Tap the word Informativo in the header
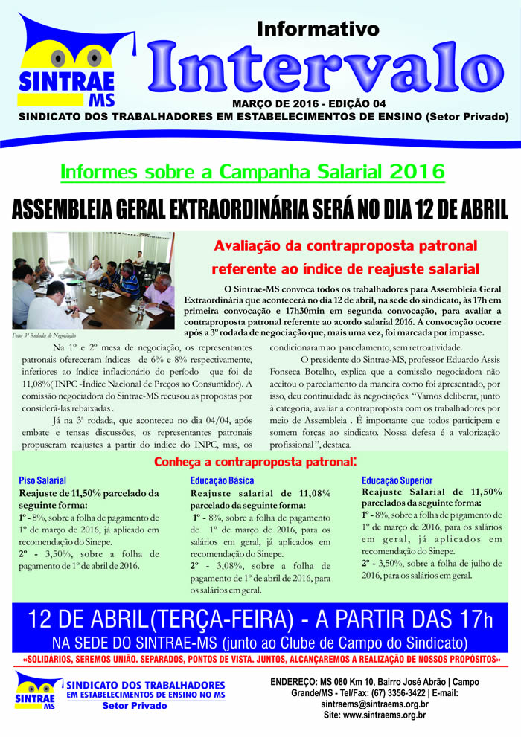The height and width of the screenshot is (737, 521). pos(318,29)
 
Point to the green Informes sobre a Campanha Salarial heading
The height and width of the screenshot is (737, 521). pos(252,172)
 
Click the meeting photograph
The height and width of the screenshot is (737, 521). pos(93,280)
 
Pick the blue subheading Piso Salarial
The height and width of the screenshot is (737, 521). pos(42,480)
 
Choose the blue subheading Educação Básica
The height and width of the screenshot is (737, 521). pos(222,480)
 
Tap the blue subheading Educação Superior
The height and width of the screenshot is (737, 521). pos(396,480)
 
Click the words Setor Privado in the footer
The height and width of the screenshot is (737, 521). pos(134,705)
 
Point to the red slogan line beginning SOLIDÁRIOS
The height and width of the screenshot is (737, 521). pos(260,660)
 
